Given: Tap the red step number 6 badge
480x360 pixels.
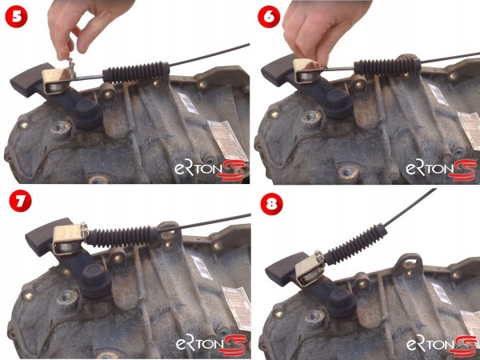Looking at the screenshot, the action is (x=269, y=17).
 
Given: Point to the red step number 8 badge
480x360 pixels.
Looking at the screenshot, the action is (x=271, y=204).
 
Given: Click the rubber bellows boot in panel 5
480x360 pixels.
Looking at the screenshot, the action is (x=136, y=73).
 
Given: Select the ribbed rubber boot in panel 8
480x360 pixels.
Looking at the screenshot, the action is (x=356, y=245).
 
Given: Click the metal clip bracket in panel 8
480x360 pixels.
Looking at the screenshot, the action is (x=310, y=269).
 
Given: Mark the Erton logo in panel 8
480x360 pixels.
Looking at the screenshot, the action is (x=442, y=345).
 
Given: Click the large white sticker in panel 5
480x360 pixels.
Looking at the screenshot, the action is (x=227, y=140).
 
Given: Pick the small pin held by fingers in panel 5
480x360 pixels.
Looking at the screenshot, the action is (x=71, y=68).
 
